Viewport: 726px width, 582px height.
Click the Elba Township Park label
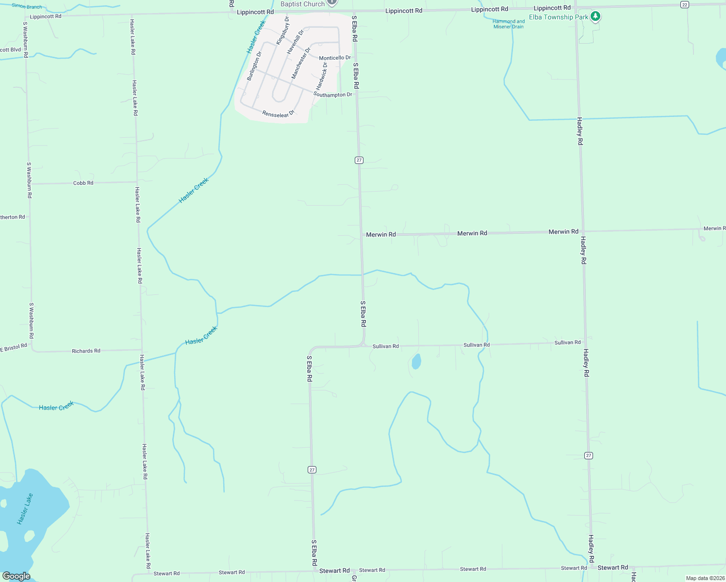[558, 17]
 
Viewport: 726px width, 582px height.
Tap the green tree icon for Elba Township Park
[595, 16]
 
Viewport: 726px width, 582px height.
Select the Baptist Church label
[302, 4]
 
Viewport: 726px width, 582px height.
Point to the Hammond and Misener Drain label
[509, 24]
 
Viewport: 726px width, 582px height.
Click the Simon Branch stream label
[27, 6]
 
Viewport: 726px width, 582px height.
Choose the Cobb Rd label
[83, 183]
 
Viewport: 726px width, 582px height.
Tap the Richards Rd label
[86, 351]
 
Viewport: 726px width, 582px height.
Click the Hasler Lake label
[25, 509]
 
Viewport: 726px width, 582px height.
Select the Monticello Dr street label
[334, 58]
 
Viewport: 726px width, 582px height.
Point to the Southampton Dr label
[333, 95]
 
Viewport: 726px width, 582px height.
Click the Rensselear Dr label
[278, 114]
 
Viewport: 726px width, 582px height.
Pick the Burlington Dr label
[254, 66]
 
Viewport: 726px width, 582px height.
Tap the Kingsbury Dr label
[282, 31]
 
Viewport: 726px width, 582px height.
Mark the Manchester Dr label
[300, 63]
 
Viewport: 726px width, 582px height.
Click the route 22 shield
[684, 4]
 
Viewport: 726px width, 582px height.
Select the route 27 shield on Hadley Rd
[589, 455]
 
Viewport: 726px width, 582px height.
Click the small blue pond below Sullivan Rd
[416, 361]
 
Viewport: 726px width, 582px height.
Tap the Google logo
[16, 576]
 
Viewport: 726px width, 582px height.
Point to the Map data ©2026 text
[705, 578]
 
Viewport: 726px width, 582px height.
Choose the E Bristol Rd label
[14, 349]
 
